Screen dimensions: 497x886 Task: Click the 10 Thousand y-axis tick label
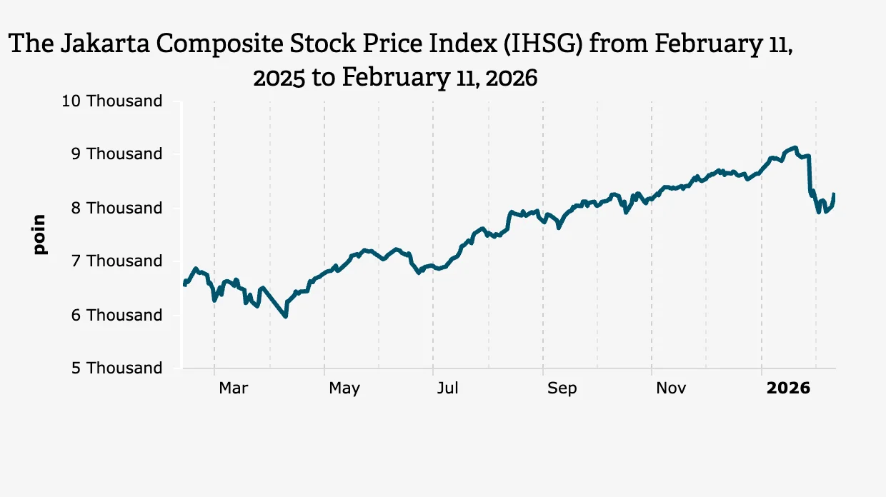[x=112, y=101]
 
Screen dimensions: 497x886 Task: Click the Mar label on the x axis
[x=233, y=388]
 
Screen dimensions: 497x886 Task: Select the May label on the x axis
[x=344, y=388]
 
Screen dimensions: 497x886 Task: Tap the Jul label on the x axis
[x=447, y=388]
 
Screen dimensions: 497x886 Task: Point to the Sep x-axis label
[x=562, y=388]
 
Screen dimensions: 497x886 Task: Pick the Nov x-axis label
[x=671, y=388]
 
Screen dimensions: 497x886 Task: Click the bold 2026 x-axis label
[x=788, y=388]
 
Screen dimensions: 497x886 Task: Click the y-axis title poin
[x=39, y=234]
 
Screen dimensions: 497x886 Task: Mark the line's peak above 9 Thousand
[x=795, y=147]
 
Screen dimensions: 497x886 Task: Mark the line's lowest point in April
[x=286, y=316]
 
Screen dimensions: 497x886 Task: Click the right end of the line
[x=834, y=194]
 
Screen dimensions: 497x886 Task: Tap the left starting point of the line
[x=184, y=284]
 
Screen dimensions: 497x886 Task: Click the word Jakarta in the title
[x=106, y=44]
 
